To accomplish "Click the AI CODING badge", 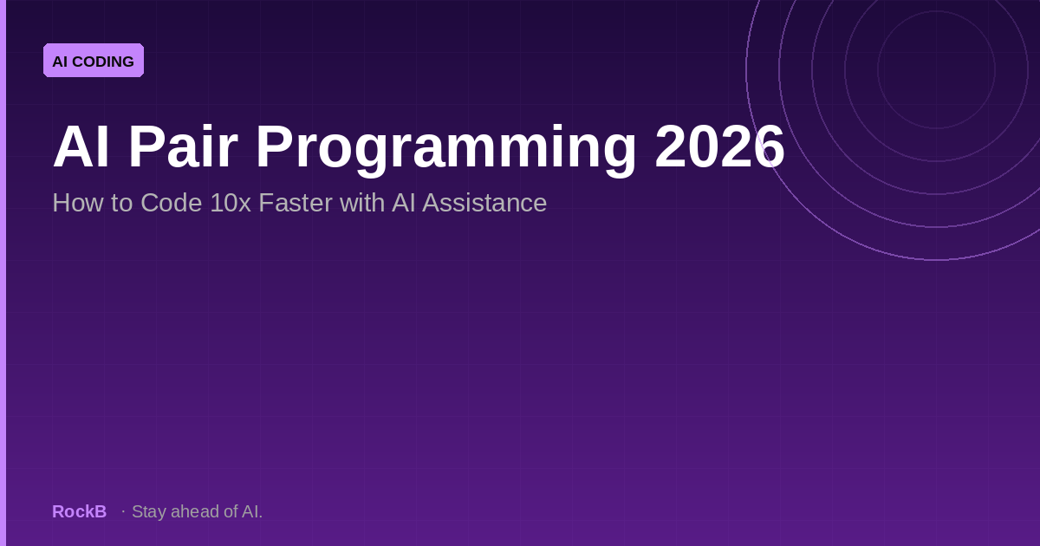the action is coord(94,61).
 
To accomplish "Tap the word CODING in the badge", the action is coord(103,62).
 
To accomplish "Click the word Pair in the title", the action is coord(183,147).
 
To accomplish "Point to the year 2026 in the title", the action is coord(719,147).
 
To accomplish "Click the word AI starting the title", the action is coord(81,147).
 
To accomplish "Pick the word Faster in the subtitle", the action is coord(296,203).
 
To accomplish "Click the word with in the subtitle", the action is coord(361,203).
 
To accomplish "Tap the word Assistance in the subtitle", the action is coord(484,203).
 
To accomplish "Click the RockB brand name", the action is coord(80,511).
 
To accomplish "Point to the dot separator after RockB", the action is coord(123,511).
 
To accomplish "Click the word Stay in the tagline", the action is coord(149,512).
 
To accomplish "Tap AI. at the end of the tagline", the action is coord(252,511).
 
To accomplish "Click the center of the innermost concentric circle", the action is coord(937,68).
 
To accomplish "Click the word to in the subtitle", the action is coord(121,204).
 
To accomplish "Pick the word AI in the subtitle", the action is coord(403,203).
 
